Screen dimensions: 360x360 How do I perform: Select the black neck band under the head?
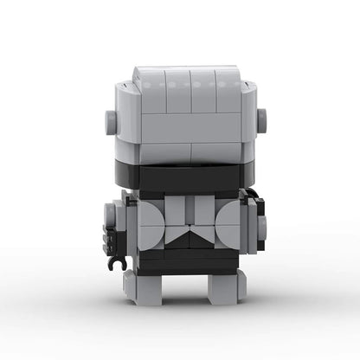182,178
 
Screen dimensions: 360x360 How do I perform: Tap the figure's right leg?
223,284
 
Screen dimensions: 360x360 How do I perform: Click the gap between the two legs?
182,286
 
